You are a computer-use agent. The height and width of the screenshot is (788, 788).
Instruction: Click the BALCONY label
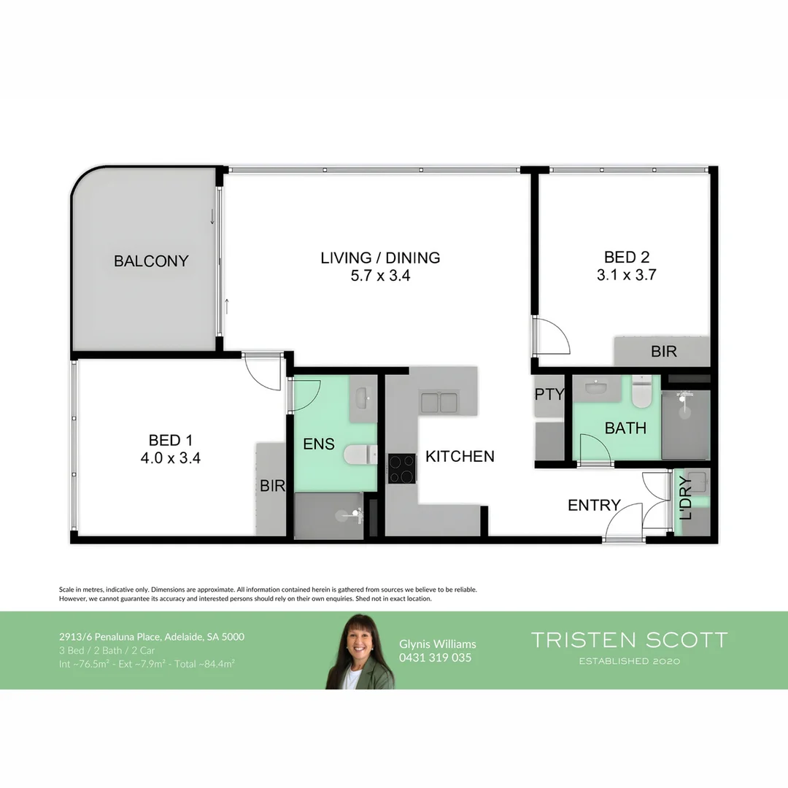coord(151,260)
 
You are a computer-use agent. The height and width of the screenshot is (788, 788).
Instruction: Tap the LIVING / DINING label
coord(380,258)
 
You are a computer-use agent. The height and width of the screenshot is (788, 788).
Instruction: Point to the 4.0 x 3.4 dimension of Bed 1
coord(174,459)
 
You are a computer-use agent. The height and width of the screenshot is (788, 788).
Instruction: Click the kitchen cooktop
coord(401,468)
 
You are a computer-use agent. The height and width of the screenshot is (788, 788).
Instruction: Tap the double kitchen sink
coord(439,401)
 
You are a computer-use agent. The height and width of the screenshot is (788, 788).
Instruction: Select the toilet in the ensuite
coord(359,455)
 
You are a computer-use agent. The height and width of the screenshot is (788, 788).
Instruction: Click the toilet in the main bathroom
coord(642,393)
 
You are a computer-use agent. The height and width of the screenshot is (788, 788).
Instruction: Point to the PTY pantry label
coord(549,394)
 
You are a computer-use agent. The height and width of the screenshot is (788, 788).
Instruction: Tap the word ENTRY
coord(594,505)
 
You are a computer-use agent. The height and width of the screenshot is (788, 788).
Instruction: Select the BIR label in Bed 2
coord(664,352)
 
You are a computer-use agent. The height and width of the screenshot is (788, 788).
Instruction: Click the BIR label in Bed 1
coord(272,486)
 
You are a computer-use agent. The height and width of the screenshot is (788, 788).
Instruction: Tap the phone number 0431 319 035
coord(436,657)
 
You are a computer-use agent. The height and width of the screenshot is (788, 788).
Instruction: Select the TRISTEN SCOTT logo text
coord(629,641)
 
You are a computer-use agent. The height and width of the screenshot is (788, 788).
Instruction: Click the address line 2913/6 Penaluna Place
coord(152,636)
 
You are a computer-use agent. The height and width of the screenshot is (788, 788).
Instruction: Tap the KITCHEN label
coord(460,456)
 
